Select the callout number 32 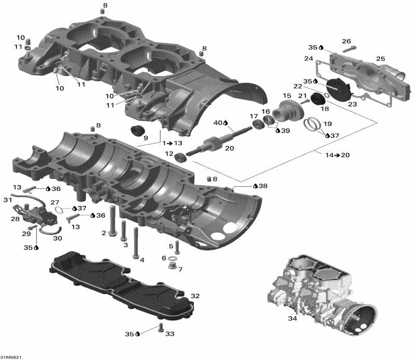point(195,295)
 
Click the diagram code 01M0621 point(11,357)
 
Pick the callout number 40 point(218,123)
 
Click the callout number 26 point(346,41)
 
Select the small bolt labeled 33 point(160,328)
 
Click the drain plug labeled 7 point(170,266)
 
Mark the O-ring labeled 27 point(61,210)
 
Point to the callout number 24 point(308,58)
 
